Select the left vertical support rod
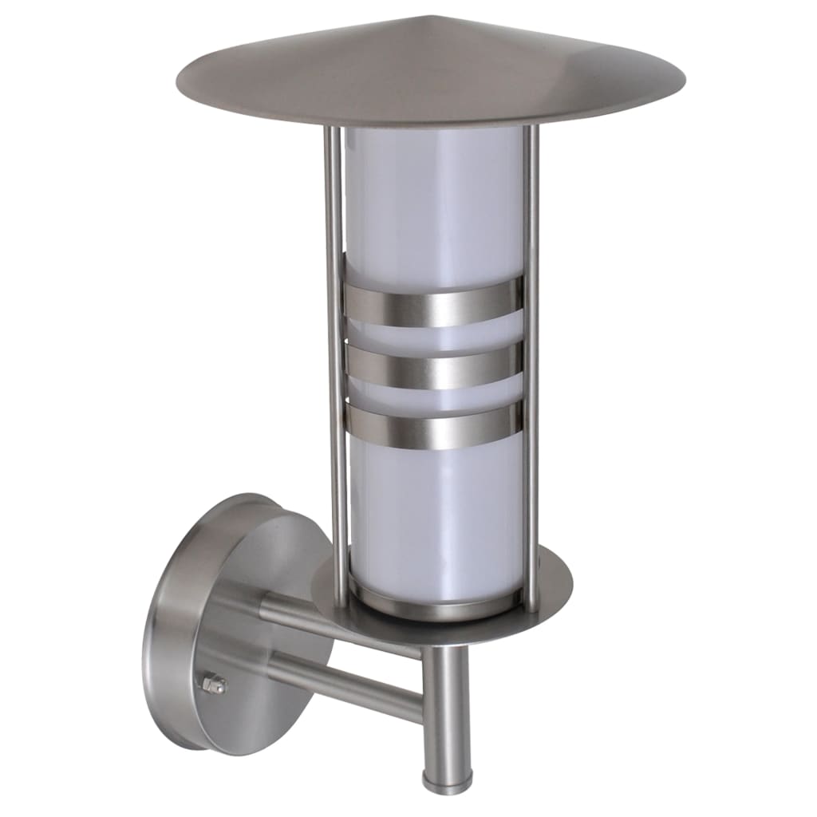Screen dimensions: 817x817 click(334, 359)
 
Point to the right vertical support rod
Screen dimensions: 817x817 click(531, 359)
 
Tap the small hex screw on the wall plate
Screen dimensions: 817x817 click(214, 685)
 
